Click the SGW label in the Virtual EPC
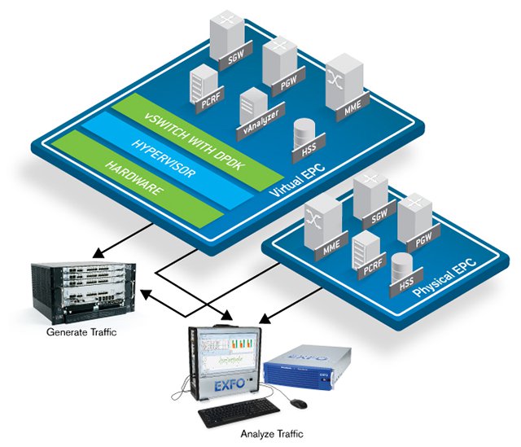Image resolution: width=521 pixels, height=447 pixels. (x=236, y=55)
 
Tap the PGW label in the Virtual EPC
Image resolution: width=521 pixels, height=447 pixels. (x=288, y=81)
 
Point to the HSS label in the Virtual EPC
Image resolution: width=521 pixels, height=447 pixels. (x=309, y=148)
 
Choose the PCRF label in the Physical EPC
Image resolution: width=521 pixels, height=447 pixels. (x=373, y=265)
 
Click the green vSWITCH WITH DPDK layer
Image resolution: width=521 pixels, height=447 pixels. (x=197, y=142)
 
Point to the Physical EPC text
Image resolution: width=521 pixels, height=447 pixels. (x=445, y=278)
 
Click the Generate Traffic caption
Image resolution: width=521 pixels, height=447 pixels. (x=81, y=332)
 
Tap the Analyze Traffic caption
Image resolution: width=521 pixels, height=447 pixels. (x=272, y=434)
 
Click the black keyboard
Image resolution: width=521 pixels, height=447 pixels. (x=239, y=413)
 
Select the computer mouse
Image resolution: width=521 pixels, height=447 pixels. (x=299, y=404)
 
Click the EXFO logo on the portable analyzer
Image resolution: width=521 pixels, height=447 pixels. (x=230, y=385)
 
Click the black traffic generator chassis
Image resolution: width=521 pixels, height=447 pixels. (x=84, y=291)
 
